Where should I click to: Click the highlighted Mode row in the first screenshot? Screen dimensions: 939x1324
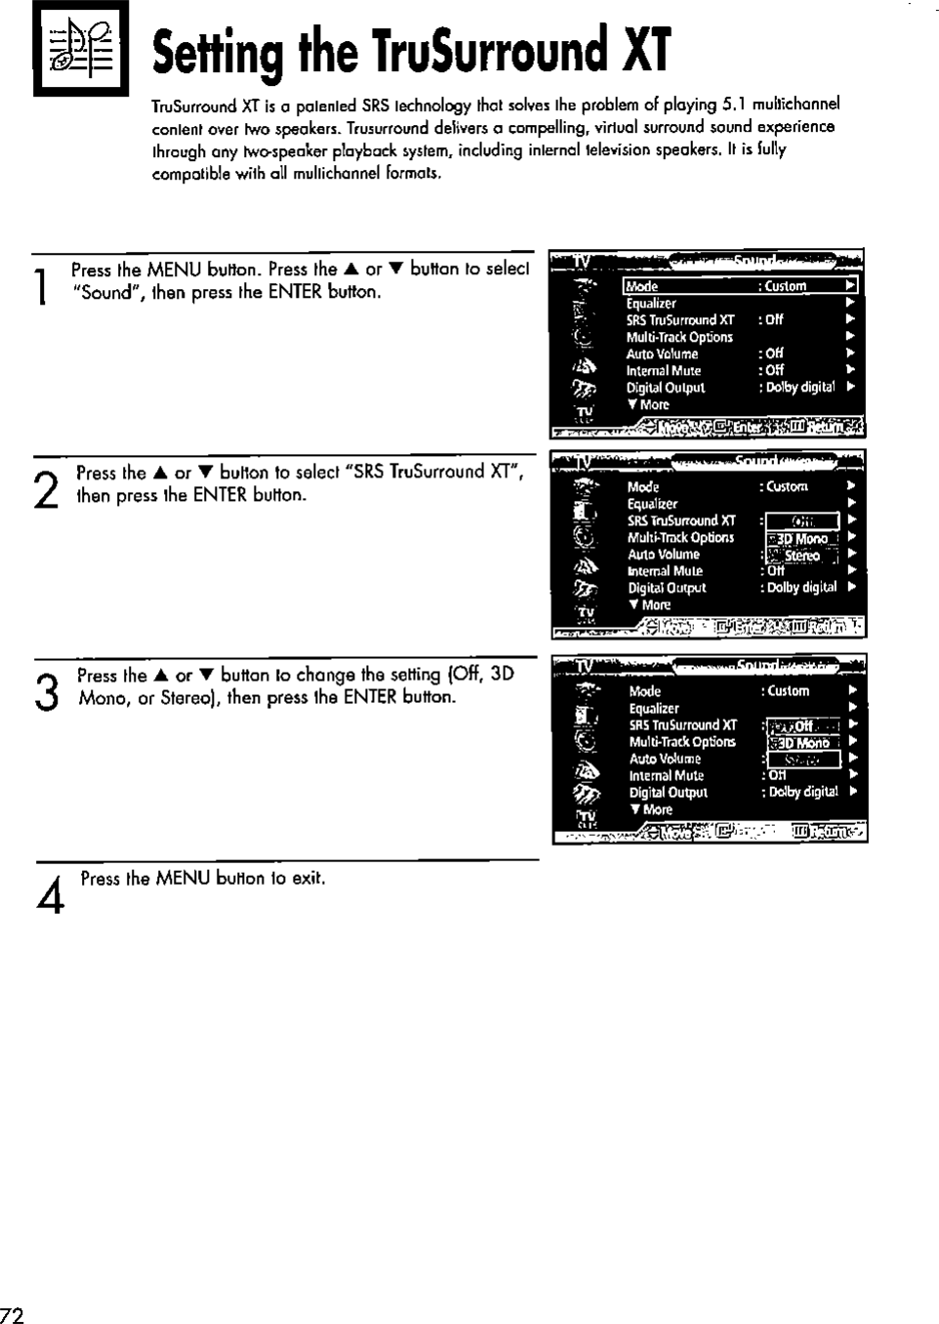pyautogui.click(x=740, y=286)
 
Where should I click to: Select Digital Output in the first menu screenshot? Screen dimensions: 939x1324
pyautogui.click(x=666, y=388)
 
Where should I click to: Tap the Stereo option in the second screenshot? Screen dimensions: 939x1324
pyautogui.click(x=802, y=556)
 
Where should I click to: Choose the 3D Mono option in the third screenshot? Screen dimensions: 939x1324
pyautogui.click(x=803, y=743)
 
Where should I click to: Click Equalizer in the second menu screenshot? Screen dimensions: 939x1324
pyautogui.click(x=652, y=504)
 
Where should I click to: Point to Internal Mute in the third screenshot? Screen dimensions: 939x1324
pyautogui.click(x=666, y=775)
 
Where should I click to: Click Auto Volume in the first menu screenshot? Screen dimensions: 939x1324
pyautogui.click(x=662, y=353)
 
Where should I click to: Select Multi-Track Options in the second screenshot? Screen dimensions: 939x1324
pyautogui.click(x=680, y=538)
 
